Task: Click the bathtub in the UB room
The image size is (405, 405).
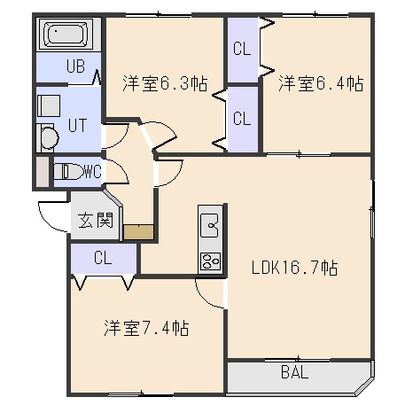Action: click(66, 34)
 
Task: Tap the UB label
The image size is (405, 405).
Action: click(75, 66)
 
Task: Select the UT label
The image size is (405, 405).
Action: click(77, 125)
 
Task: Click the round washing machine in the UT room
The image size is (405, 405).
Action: click(50, 137)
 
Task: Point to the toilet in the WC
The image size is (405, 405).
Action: click(68, 171)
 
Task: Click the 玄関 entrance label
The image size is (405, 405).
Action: click(96, 220)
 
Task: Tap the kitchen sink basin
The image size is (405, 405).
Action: click(210, 226)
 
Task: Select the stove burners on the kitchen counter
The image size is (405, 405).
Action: click(210, 261)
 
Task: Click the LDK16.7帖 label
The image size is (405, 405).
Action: click(294, 268)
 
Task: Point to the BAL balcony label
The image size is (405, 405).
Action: click(294, 372)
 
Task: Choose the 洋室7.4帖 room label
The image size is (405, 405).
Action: click(146, 328)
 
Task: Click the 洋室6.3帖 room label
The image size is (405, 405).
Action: click(166, 83)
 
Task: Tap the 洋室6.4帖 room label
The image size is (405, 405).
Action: click(321, 83)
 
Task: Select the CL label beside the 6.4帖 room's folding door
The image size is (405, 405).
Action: click(242, 49)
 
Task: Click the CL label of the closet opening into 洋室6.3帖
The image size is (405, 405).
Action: click(242, 118)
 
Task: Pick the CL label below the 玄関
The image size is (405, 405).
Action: click(103, 258)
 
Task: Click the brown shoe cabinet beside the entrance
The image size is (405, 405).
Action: click(138, 232)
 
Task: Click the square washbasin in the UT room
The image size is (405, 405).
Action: click(49, 105)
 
